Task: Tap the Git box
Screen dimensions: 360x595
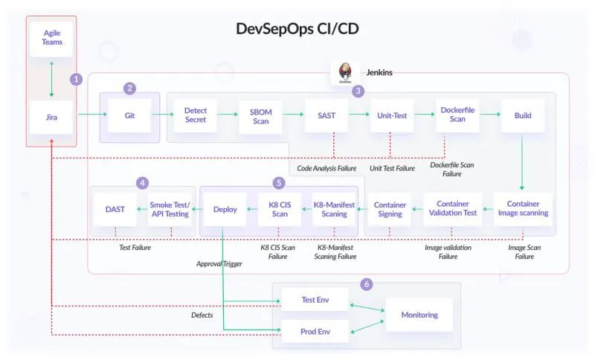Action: point(129,115)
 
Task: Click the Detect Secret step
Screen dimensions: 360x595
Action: point(195,115)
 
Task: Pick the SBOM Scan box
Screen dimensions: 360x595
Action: point(260,115)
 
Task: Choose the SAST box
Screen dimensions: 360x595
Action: point(326,115)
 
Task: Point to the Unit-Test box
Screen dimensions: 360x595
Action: point(391,115)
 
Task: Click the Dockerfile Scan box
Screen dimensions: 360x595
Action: point(457,115)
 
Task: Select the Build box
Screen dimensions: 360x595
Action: point(523,115)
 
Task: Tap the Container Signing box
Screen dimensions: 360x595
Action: point(390,209)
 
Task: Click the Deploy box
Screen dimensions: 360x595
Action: point(225,209)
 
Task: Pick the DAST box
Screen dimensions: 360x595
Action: point(114,209)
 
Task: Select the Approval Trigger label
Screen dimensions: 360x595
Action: point(219,263)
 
